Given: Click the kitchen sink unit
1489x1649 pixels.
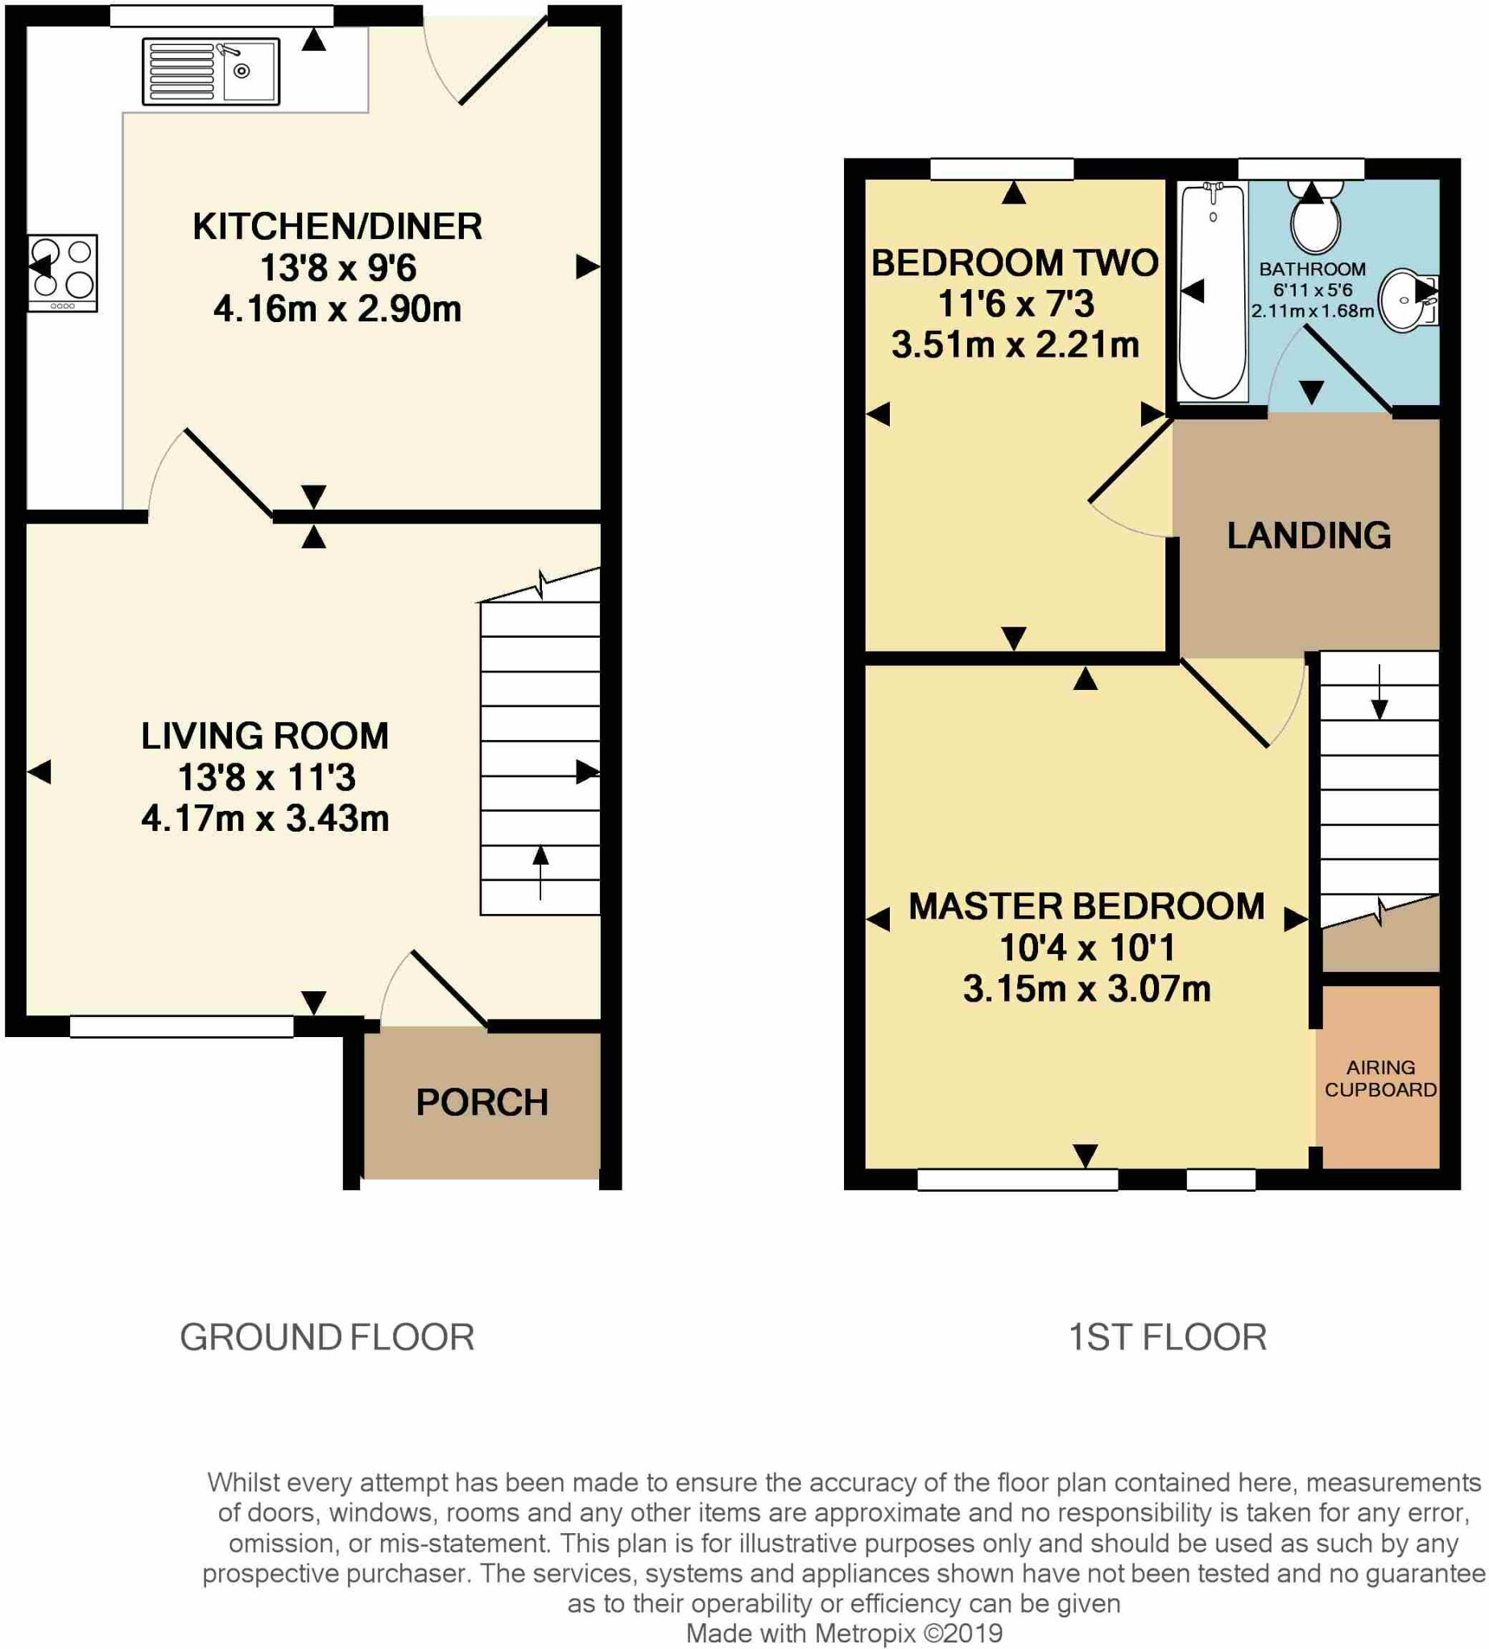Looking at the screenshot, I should point(211,71).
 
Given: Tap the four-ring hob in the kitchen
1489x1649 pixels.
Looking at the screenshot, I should point(63,272).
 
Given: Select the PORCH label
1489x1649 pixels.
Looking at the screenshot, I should point(482,1102).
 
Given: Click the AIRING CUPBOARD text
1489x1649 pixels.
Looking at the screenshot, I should point(1380,1078).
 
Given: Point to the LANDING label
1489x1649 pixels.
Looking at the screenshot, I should point(1308,535).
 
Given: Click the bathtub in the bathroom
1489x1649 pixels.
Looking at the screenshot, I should point(1213,292).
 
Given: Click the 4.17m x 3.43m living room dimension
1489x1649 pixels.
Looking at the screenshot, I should point(265,818).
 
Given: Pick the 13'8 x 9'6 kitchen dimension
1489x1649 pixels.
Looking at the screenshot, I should point(338,267).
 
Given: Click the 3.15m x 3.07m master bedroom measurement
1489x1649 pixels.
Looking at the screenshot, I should point(1086,989).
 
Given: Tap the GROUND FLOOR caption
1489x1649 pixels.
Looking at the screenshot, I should point(326,1337).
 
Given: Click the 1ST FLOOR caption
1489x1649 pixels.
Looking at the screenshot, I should point(1168,1337).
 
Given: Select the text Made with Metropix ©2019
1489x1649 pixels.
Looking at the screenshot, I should point(843,1633).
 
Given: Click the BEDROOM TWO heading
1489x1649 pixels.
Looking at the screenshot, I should point(1015,263).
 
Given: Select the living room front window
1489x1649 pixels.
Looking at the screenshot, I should point(182,1027).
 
